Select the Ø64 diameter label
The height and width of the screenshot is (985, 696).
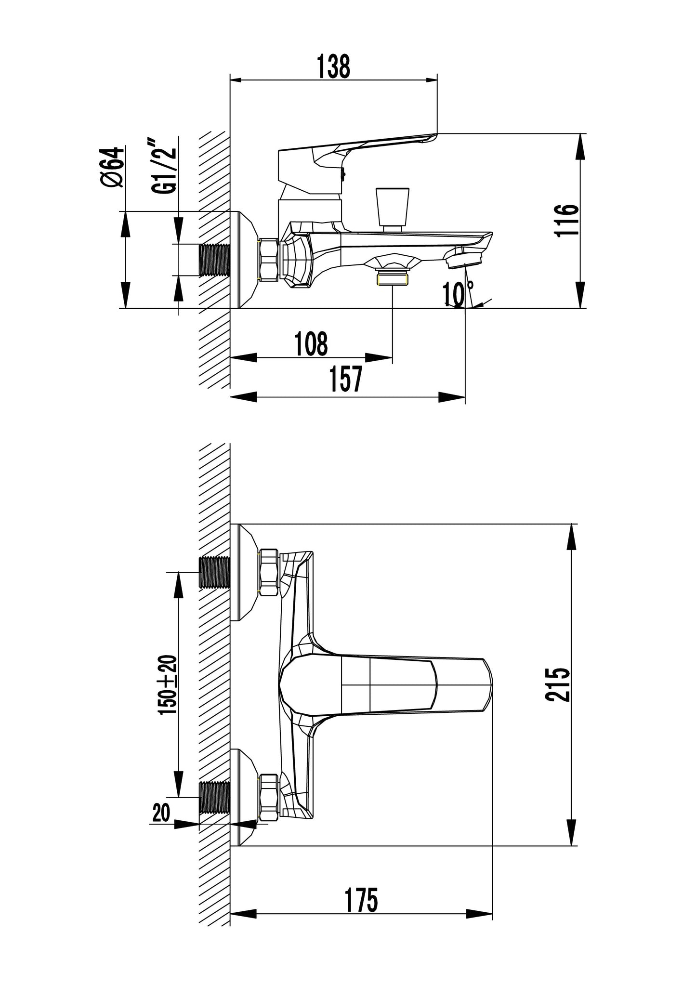pyautogui.click(x=113, y=167)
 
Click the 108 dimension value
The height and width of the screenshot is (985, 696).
pyautogui.click(x=311, y=343)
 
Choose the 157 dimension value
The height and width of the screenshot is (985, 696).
pyautogui.click(x=345, y=380)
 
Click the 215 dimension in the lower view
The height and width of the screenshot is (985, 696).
pyautogui.click(x=558, y=685)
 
